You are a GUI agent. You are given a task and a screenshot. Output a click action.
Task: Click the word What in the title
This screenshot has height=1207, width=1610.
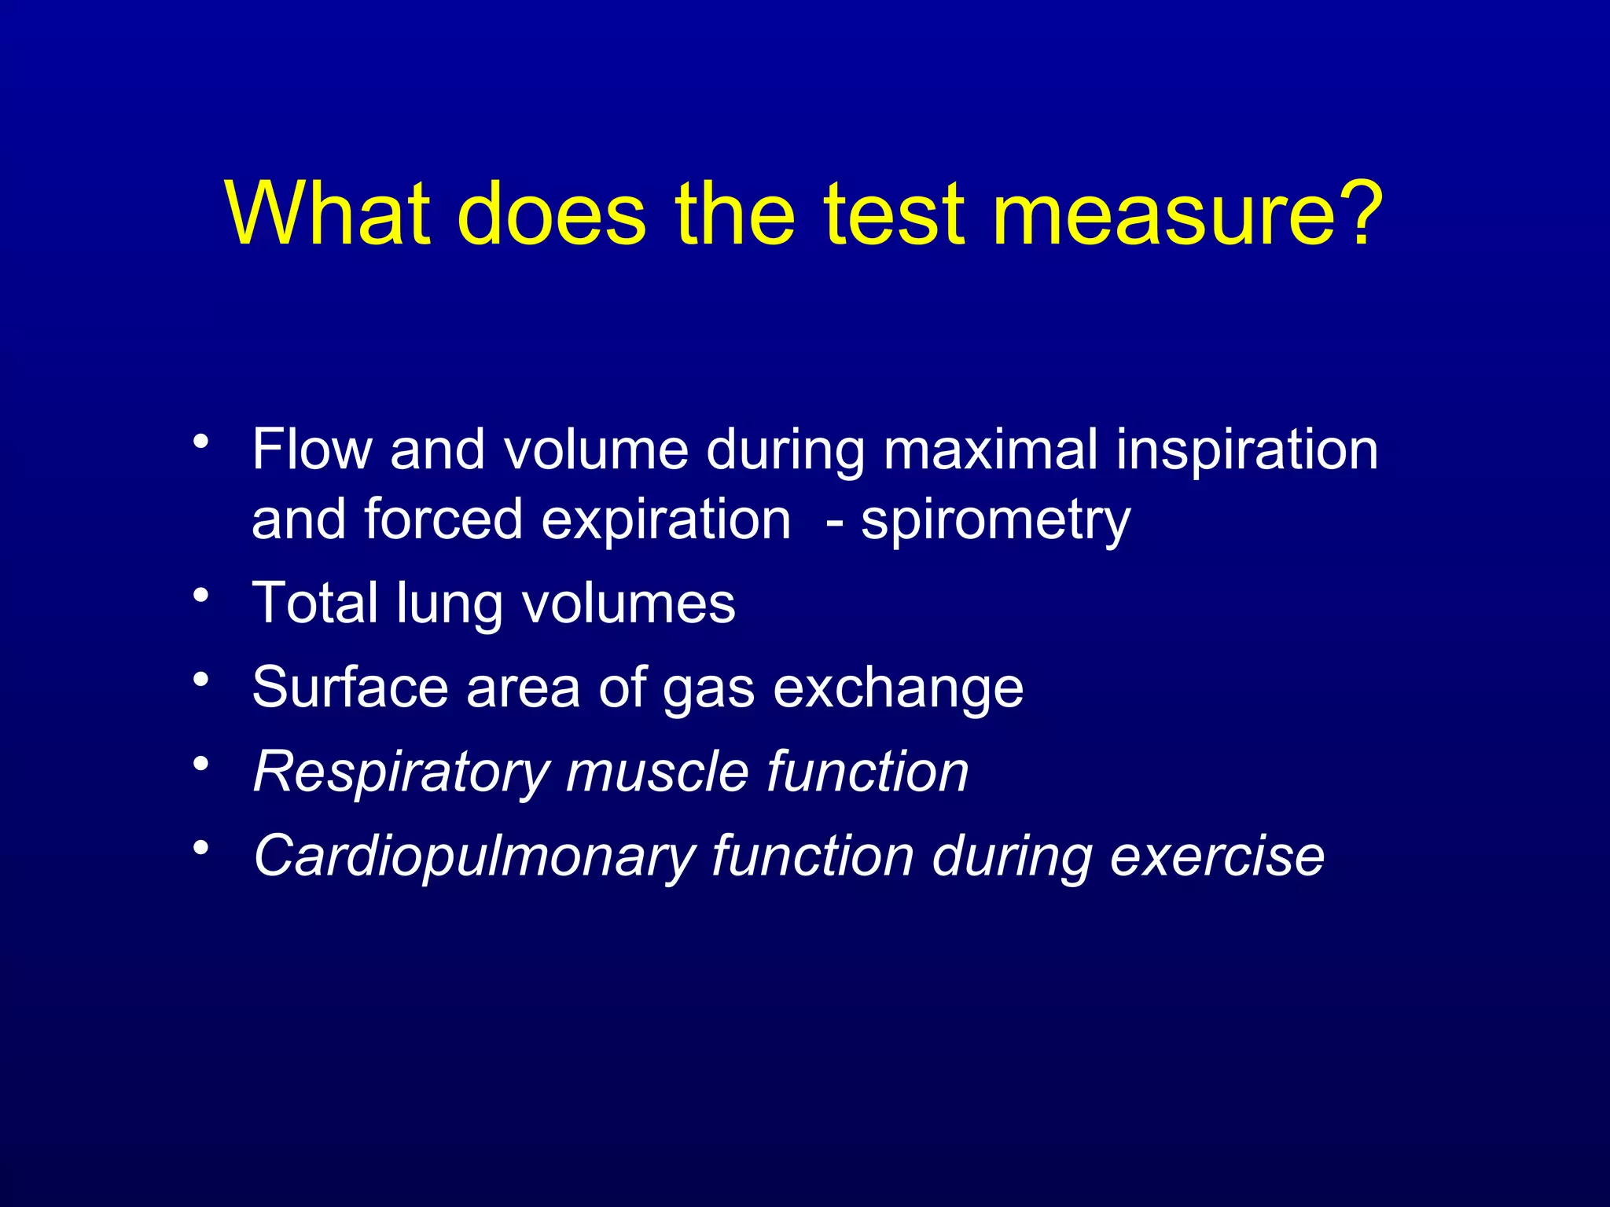(327, 214)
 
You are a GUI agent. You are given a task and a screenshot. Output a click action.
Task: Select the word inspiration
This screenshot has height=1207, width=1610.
(1248, 451)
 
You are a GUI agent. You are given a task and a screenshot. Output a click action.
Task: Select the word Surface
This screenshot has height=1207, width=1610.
(350, 687)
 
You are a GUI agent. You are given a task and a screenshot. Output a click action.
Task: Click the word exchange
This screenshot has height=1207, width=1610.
(898, 688)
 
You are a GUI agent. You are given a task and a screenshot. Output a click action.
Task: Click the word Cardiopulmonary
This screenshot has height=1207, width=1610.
(473, 857)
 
